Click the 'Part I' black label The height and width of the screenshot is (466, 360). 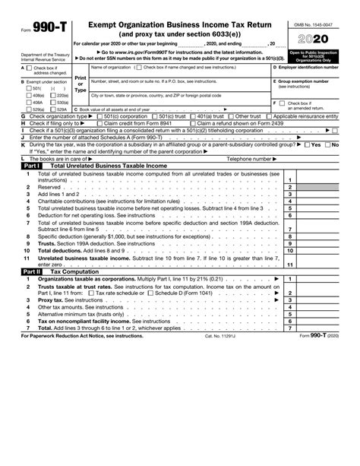pos(30,165)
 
